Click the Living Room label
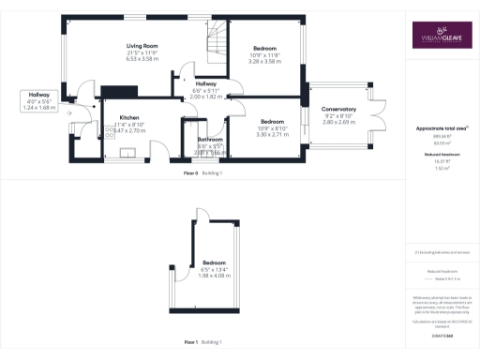pyautogui.click(x=142, y=45)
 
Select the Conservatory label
pyautogui.click(x=338, y=110)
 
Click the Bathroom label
pyautogui.click(x=210, y=140)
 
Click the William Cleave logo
pyautogui.click(x=438, y=36)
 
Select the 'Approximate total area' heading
pyautogui.click(x=438, y=127)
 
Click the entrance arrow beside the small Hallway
pyautogui.click(x=84, y=108)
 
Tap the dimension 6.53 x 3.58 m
pyautogui.click(x=142, y=58)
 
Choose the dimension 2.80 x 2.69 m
pyautogui.click(x=338, y=122)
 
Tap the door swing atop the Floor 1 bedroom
pyautogui.click(x=201, y=218)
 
